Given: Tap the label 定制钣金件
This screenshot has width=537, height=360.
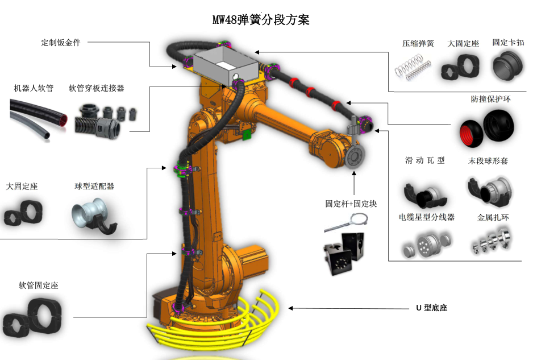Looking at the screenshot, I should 61,43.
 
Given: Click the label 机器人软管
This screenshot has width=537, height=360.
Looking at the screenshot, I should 34,88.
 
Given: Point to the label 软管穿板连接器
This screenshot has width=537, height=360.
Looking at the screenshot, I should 96,88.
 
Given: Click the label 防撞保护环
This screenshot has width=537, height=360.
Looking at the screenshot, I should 491,98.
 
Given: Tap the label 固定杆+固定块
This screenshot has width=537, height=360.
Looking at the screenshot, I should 351,204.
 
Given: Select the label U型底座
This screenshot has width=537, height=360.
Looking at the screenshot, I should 432,308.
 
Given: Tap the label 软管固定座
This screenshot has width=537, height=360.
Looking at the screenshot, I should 38,285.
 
